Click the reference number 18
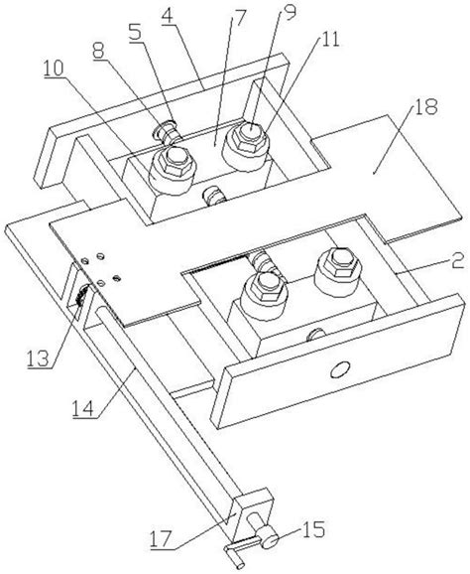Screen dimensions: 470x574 425,107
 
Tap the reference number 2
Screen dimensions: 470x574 457,261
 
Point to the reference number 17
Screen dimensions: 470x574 162,539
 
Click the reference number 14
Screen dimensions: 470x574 84,408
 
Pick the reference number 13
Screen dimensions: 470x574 38,359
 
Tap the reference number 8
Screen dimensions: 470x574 98,51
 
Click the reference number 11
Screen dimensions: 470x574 329,39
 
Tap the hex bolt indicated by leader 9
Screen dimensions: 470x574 249,136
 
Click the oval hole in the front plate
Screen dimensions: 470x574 340,369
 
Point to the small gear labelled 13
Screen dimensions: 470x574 82,295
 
